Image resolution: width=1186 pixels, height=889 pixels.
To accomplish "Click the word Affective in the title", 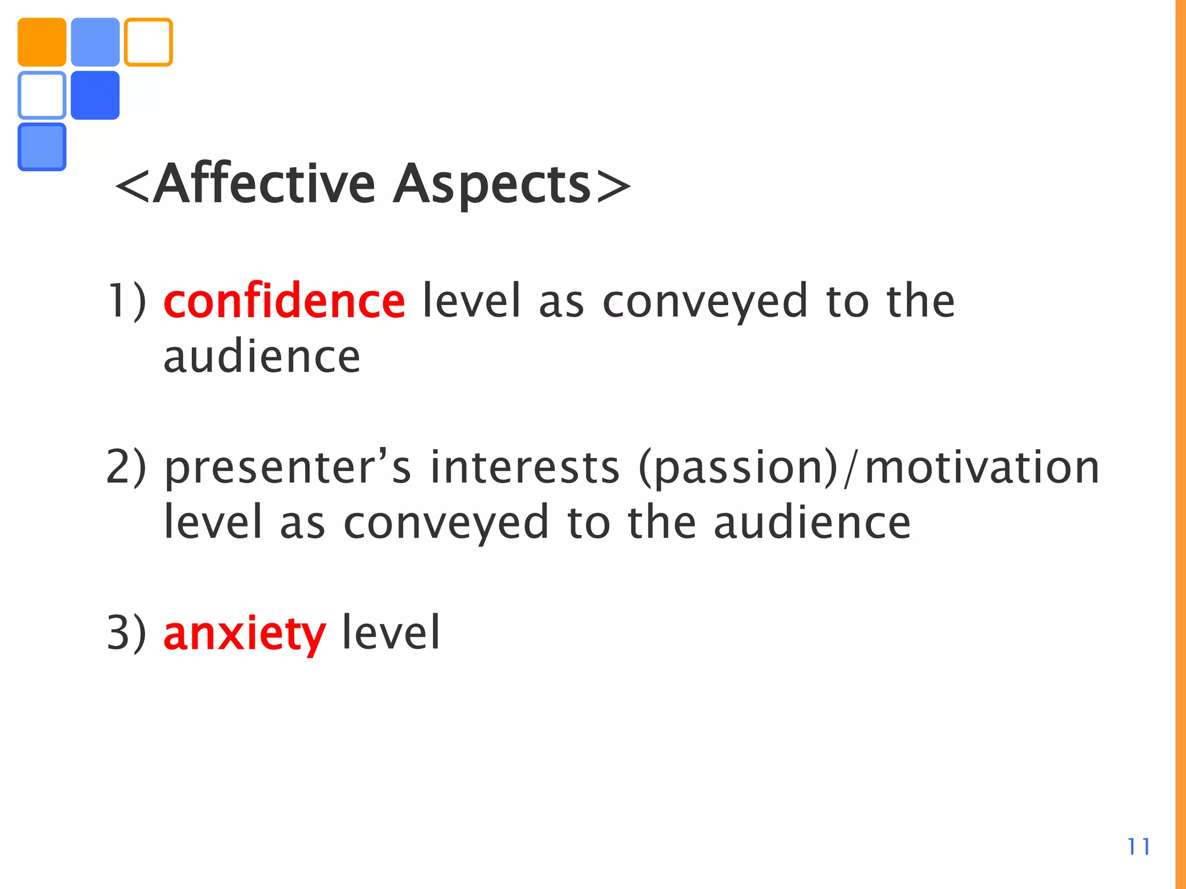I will click(x=263, y=185).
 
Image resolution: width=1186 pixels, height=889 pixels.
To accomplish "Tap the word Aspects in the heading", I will click(x=492, y=186).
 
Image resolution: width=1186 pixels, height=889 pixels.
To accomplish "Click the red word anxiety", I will click(x=244, y=633).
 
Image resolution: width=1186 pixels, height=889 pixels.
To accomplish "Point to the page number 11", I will click(x=1139, y=847).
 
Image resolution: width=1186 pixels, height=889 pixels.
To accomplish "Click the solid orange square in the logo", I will click(x=42, y=42).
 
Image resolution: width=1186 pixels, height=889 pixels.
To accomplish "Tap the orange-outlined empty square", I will click(x=148, y=42).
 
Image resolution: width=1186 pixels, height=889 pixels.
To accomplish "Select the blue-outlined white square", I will click(x=42, y=95).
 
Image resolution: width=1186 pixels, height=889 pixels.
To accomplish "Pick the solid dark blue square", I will click(x=95, y=95).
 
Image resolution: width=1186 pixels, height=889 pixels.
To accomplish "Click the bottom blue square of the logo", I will click(x=42, y=147).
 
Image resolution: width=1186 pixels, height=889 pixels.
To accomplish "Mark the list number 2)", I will click(x=126, y=468).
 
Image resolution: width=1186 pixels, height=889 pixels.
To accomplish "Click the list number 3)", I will click(x=127, y=633).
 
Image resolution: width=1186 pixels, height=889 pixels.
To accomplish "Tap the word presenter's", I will click(x=288, y=468).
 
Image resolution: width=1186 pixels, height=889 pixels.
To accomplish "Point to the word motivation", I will click(x=982, y=468).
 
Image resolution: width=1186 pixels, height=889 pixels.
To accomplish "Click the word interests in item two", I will click(x=525, y=468).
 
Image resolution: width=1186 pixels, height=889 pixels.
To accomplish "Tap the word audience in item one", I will click(x=262, y=357).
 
